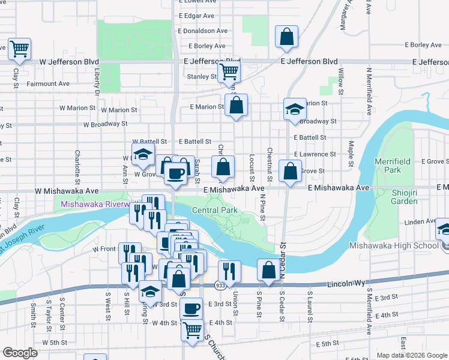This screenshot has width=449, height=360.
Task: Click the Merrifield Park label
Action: (x=387, y=166)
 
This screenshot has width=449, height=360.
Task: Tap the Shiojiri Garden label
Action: (x=403, y=197)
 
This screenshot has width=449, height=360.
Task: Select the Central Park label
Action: (x=215, y=211)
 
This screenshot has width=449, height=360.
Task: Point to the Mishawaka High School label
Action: (x=393, y=245)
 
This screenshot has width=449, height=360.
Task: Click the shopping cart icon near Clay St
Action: (x=19, y=49)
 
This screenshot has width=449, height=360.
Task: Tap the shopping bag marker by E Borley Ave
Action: (x=287, y=37)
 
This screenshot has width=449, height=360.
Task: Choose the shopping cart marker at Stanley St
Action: (x=228, y=71)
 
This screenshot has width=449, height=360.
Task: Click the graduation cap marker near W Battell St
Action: (x=143, y=154)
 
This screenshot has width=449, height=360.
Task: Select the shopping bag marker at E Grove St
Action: (x=290, y=171)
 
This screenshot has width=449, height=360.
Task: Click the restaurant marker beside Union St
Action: (x=229, y=271)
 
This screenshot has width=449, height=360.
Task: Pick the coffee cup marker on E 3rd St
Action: (x=191, y=308)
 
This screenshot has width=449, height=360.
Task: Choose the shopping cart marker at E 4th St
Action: (x=192, y=329)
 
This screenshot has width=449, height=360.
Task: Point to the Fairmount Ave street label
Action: (x=48, y=84)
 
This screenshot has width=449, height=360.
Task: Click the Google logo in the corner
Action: (x=20, y=353)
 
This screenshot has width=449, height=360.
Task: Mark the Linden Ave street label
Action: (x=421, y=222)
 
